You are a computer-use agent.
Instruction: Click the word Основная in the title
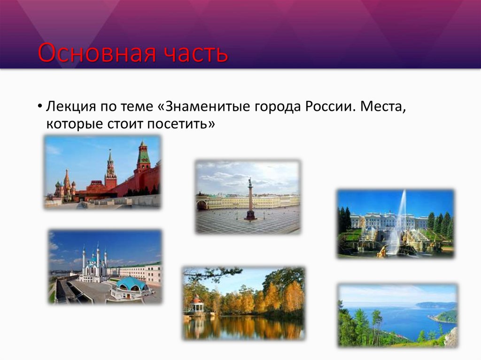point(94,53)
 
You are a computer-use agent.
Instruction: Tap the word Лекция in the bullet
point(70,106)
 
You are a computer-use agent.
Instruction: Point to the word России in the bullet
point(331,106)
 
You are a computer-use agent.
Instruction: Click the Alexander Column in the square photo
point(250,199)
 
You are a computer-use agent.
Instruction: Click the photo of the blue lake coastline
point(397,316)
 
